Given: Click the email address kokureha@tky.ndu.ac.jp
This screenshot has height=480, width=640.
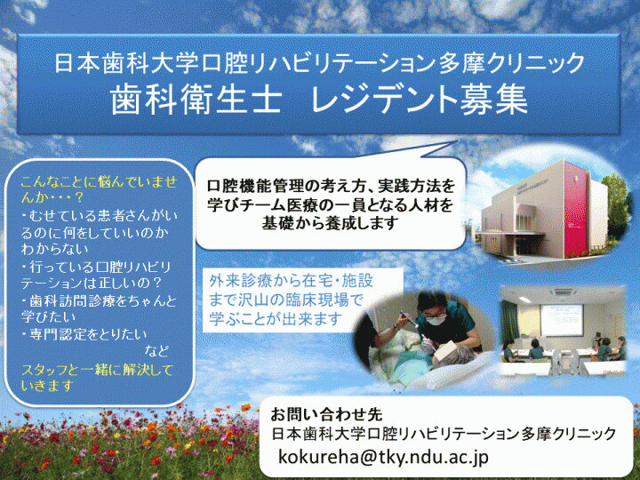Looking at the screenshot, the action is pos(383,456).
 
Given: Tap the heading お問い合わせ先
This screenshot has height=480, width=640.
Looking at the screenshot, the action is pos(326,415).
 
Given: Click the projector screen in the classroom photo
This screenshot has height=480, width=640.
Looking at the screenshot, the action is pos(561,320).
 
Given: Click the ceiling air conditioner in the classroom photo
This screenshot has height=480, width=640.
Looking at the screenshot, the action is pos(564,292).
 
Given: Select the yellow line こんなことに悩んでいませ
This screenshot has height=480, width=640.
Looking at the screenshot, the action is pos(99,182).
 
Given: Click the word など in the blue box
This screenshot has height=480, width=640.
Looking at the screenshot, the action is pos(156,350).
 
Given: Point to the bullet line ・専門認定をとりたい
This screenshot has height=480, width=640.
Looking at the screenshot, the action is pos(84,334).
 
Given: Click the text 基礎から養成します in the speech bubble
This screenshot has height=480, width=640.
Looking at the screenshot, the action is pos(330,223).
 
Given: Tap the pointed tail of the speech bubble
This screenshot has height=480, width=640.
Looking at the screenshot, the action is pos(456,143).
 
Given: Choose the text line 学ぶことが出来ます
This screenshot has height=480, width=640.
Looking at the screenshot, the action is pos(276,319).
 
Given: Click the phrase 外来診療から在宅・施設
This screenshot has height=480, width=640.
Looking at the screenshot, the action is pos(291,281).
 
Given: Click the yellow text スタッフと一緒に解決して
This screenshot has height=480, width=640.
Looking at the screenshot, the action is pos(97,370).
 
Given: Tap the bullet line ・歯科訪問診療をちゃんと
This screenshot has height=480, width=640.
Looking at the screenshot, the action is pos(100,300).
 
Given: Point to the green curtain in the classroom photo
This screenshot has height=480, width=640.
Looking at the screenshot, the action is pos(510,323).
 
